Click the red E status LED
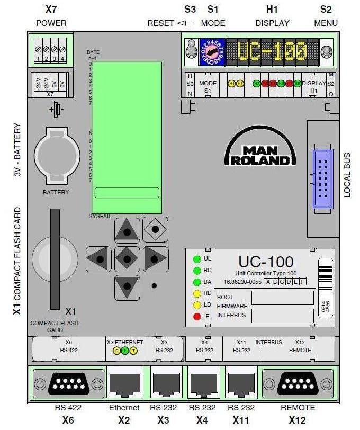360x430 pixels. click(197, 317)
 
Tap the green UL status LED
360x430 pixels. click(197, 259)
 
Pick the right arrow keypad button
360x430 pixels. click(155, 258)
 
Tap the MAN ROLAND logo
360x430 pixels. click(259, 150)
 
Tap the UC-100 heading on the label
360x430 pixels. click(266, 262)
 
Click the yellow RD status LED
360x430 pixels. click(197, 293)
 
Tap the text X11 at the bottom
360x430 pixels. click(241, 420)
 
